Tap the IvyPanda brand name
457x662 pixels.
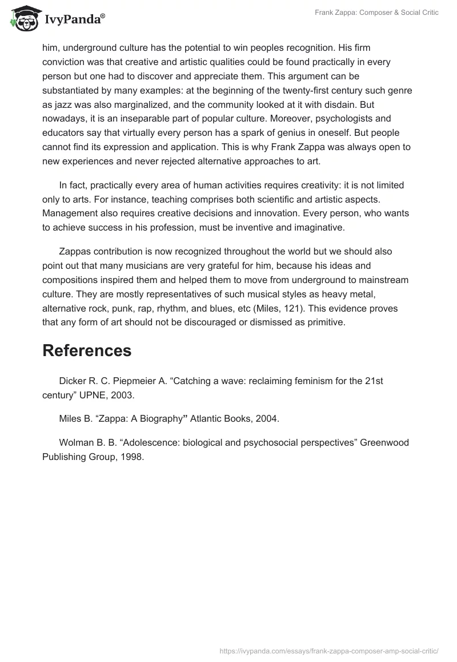point(74,19)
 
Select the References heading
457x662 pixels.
point(87,350)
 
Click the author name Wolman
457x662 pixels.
point(75,443)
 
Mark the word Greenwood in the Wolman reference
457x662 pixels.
point(383,443)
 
